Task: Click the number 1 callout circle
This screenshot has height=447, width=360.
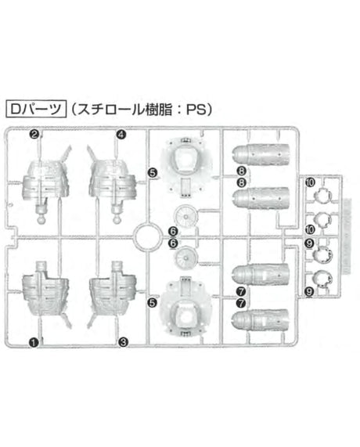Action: (34, 342)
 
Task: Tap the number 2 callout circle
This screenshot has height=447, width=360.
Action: (34, 134)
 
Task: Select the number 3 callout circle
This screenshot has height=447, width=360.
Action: (123, 342)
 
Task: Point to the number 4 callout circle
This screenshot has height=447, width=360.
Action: (121, 135)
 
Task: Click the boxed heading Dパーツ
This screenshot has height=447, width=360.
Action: (36, 109)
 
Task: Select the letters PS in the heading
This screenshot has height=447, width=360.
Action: (196, 110)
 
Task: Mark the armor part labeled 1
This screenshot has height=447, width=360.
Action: (46, 295)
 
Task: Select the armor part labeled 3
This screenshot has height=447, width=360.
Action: (113, 295)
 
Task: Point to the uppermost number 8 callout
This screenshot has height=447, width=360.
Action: (241, 171)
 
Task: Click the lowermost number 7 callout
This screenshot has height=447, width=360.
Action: (241, 303)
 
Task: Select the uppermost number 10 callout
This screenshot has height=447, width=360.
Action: (310, 182)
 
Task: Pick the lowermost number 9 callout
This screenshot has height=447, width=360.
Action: (309, 291)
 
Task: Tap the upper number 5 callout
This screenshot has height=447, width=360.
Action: (153, 173)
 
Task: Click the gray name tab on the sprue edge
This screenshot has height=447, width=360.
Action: (347, 236)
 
